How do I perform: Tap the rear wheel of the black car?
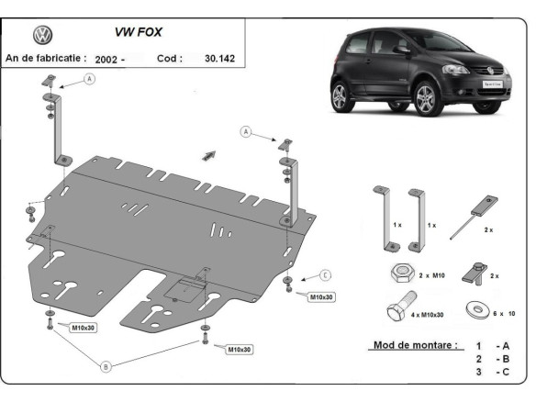point(340,97)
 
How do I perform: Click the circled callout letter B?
point(106,366)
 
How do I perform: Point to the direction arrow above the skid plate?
point(209,152)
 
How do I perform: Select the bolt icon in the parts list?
point(400,308)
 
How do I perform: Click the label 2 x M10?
point(432,275)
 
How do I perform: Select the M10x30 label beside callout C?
point(321,297)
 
